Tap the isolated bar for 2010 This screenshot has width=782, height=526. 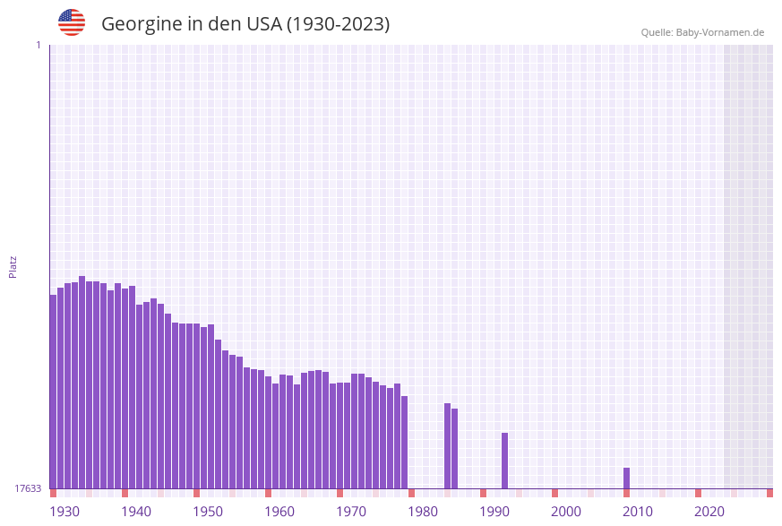(626, 479)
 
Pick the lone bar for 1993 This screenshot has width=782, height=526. (504, 461)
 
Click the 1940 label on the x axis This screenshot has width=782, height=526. (136, 512)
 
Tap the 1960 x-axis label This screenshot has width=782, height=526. (279, 512)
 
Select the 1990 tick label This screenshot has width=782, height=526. (494, 512)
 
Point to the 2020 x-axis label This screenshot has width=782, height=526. (709, 512)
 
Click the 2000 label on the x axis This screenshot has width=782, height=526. (566, 512)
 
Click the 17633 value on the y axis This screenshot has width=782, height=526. (28, 488)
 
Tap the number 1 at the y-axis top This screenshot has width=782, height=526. (38, 45)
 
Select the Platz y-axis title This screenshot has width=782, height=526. (13, 266)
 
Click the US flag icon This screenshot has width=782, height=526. (72, 22)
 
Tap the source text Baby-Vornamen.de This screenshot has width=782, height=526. (720, 32)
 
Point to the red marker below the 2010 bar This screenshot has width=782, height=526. (626, 493)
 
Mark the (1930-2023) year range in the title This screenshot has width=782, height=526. (338, 24)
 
